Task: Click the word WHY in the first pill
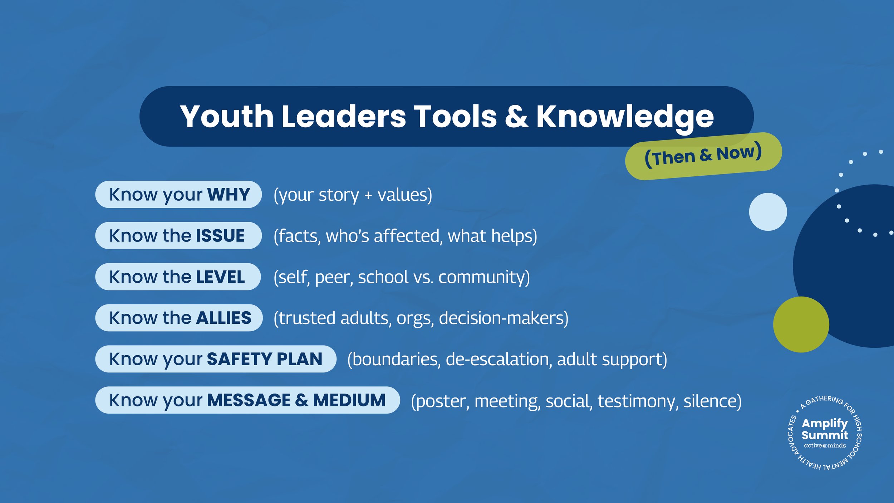point(229,195)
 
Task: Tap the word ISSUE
point(220,236)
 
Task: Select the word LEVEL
point(220,277)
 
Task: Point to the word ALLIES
point(223,318)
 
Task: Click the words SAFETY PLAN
point(265,359)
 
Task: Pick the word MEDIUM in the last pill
point(349,400)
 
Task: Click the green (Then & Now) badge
point(703,156)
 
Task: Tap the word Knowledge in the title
point(625,117)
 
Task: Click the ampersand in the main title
point(516,117)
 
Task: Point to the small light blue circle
point(768,212)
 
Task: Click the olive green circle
point(801,324)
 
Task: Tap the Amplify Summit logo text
point(825,429)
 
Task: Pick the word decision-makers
point(503,318)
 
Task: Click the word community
point(484,277)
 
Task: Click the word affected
point(407,236)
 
